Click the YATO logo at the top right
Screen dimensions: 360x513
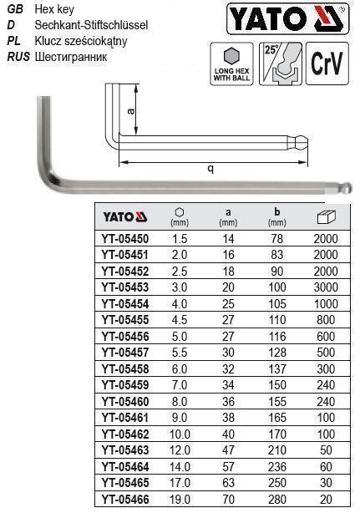pyautogui.click(x=287, y=19)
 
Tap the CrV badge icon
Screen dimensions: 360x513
pyautogui.click(x=327, y=63)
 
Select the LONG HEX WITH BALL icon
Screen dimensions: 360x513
pyautogui.click(x=231, y=63)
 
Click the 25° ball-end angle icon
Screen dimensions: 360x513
pyautogui.click(x=280, y=63)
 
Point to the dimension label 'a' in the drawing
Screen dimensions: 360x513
pyautogui.click(x=131, y=111)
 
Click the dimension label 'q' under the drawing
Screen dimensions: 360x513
pyautogui.click(x=211, y=169)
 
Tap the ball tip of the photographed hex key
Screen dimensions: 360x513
pyautogui.click(x=348, y=188)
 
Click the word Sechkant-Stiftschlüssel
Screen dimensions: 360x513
pyautogui.click(x=91, y=25)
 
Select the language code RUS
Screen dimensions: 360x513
pyautogui.click(x=18, y=57)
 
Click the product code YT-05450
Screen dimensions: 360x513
pyautogui.click(x=125, y=239)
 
